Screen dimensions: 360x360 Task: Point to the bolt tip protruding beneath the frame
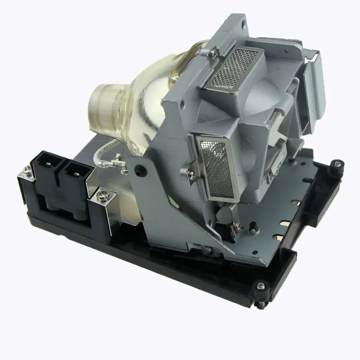tap(261, 305)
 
